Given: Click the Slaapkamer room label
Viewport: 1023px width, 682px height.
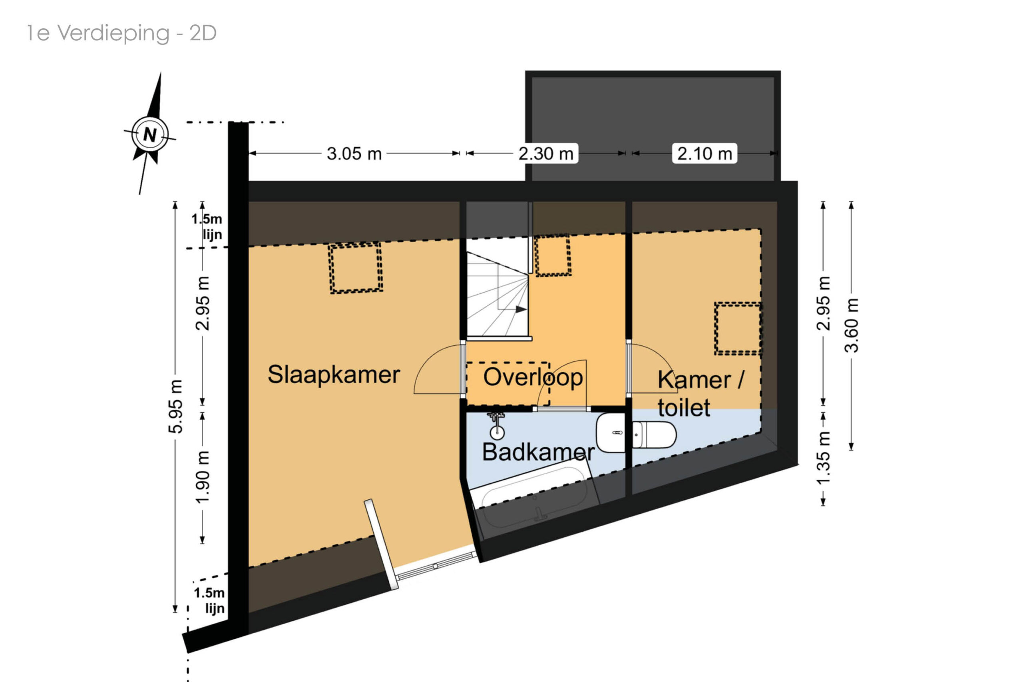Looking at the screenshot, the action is point(333,375).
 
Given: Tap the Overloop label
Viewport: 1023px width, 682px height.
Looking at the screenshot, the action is point(533,377).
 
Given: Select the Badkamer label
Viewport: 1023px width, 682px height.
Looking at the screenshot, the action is point(538,452).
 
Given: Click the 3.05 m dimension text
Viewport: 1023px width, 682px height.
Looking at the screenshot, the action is point(354,154).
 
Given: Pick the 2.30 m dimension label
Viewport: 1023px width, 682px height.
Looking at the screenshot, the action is point(545,154).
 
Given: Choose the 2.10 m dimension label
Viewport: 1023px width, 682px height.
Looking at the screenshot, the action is point(705,154).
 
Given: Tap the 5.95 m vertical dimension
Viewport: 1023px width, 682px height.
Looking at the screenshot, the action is point(175,406).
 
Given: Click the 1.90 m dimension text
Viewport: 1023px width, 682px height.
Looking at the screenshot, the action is point(203,477).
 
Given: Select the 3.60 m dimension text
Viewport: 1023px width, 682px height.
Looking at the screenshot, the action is point(852,325).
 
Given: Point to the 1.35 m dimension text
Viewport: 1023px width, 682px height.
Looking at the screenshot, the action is point(823,458).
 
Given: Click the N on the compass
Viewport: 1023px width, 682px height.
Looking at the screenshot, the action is point(150,134).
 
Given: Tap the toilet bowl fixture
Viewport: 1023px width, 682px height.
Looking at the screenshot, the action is point(654,435).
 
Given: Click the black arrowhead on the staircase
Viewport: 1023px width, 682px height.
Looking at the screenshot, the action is point(521,309).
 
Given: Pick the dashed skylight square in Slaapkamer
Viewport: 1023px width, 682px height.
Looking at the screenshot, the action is point(356,268).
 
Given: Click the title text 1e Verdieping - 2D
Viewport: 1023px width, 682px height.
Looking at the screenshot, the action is point(122,33).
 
